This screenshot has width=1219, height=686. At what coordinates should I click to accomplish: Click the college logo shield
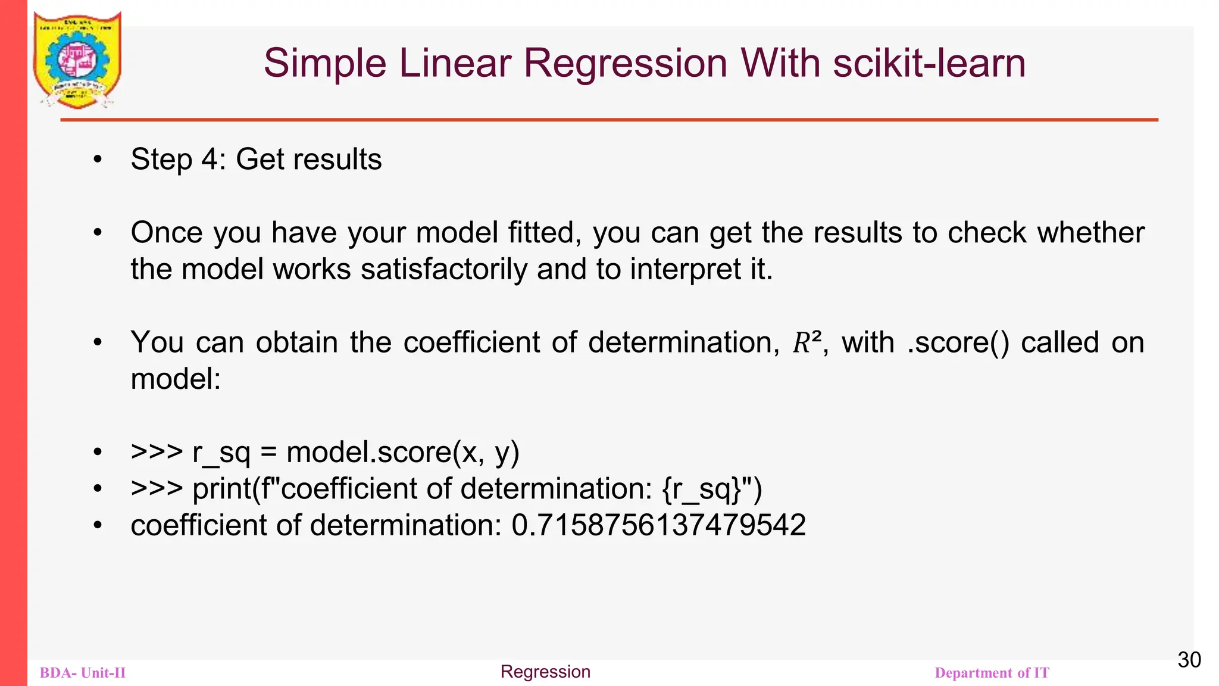coord(77,60)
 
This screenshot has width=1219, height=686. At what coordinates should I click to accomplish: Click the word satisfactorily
coord(443,269)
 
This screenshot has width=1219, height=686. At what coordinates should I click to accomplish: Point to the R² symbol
coord(807,343)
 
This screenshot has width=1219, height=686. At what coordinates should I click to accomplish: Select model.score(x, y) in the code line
coord(403,453)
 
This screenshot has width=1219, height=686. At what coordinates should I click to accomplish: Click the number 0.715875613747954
coord(658,526)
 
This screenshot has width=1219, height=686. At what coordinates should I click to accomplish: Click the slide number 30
coord(1189,660)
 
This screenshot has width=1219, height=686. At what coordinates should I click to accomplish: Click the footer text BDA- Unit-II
coord(83,673)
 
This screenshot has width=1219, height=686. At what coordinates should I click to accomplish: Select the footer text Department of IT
coord(992,673)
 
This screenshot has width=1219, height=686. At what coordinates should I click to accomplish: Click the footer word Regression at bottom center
coord(545,672)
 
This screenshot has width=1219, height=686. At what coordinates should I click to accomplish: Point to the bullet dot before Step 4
coord(98,160)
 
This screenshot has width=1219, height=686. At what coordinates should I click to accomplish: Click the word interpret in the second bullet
coord(686,269)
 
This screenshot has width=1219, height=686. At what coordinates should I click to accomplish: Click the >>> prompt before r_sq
coord(157,453)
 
